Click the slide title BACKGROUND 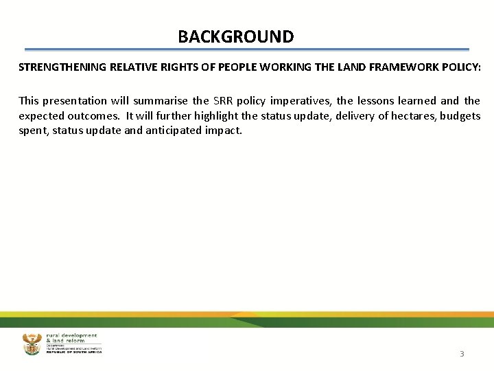pos(235,36)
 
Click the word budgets pos(460,115)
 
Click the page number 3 pos(462,354)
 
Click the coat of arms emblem pos(32,344)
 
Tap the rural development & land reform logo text pos(73,339)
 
